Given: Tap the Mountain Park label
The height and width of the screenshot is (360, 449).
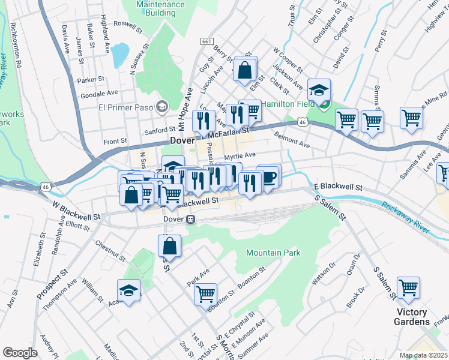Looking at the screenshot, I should [273, 253].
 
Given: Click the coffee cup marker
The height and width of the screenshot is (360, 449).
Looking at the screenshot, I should [270, 176].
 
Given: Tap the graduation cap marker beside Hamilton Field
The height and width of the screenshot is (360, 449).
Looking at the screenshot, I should [319, 91].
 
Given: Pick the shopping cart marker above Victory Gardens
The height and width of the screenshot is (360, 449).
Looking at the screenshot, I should [408, 288].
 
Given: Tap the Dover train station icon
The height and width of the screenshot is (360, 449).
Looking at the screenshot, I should [190, 220].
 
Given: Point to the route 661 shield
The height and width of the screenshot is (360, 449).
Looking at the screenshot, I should [206, 41].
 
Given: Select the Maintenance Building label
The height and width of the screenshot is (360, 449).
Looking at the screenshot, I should [160, 7].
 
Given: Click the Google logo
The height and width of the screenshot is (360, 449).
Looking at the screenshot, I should [20, 353].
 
